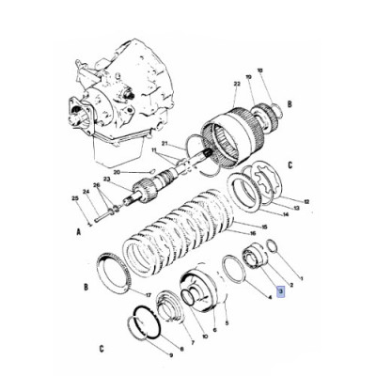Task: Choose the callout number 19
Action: (248, 77)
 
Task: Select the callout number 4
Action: (271, 299)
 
